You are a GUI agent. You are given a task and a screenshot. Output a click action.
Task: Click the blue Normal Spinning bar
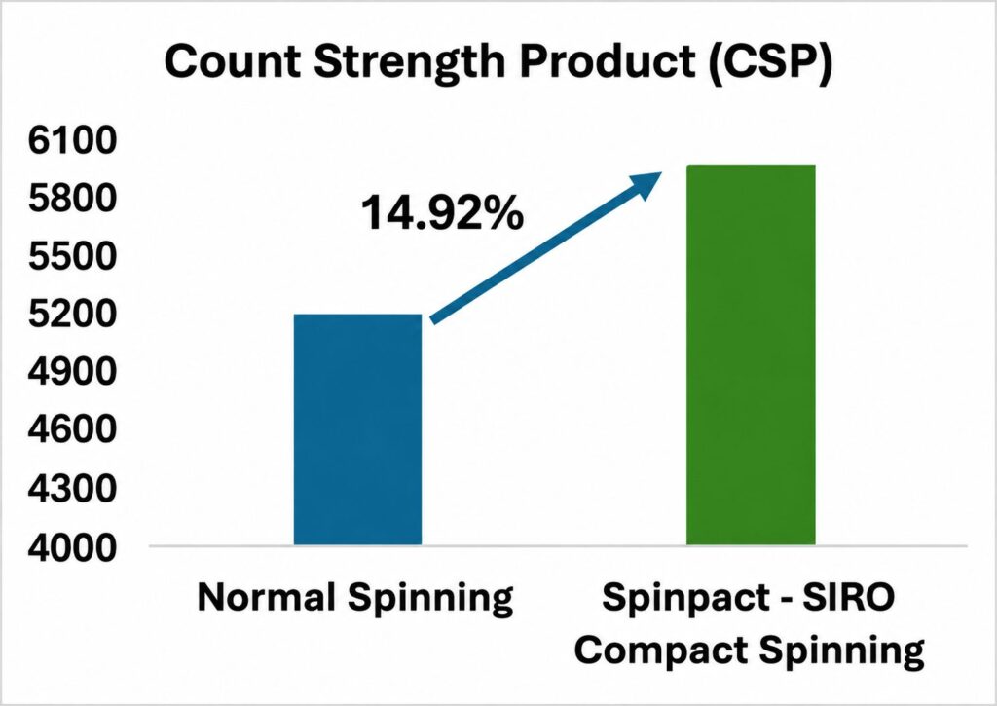click(x=357, y=429)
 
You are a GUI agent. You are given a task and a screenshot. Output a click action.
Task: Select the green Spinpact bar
click(x=751, y=354)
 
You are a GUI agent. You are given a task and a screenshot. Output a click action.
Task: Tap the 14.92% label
click(x=443, y=213)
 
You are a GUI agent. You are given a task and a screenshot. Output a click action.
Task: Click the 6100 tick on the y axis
click(x=72, y=140)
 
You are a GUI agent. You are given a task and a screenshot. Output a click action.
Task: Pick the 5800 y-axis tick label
click(x=72, y=199)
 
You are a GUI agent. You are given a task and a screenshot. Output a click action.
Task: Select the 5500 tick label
click(x=72, y=256)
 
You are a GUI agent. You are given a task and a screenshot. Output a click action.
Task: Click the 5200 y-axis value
click(x=72, y=315)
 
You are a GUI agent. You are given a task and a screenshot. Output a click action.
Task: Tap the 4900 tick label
click(x=72, y=372)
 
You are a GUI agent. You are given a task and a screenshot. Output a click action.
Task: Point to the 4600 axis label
click(x=72, y=430)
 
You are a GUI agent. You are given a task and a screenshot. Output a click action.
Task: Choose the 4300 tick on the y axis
click(x=72, y=489)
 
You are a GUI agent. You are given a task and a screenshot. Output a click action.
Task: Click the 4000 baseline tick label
click(x=72, y=546)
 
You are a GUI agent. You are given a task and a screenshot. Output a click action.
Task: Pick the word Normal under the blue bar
click(x=266, y=597)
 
